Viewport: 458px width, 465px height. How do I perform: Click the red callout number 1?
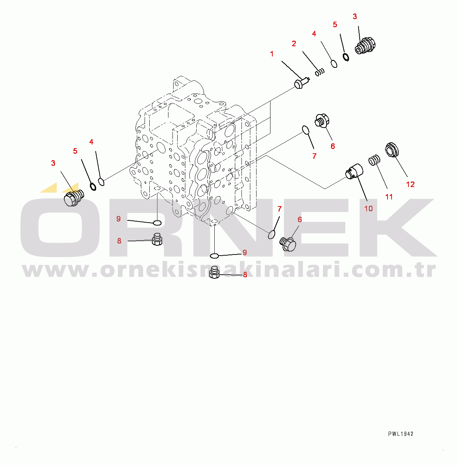click(272, 54)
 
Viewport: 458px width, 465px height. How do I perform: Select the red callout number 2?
click(294, 44)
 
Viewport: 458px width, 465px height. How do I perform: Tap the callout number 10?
click(368, 209)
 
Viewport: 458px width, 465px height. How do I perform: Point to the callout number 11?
click(389, 197)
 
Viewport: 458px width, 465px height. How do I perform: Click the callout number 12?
click(410, 184)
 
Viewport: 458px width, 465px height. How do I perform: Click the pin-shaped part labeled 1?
click(302, 83)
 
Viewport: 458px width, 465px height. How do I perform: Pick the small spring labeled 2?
click(320, 72)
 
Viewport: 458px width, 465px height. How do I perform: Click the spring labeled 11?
click(374, 160)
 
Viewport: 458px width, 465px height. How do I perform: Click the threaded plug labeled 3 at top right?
click(365, 45)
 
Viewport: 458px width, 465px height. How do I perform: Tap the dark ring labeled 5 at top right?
click(346, 57)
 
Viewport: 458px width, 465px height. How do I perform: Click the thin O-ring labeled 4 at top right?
click(334, 64)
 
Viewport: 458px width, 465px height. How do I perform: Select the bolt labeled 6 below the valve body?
click(288, 244)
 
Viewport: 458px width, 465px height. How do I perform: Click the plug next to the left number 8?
click(157, 239)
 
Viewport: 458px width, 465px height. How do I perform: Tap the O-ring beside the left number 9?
click(157, 223)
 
